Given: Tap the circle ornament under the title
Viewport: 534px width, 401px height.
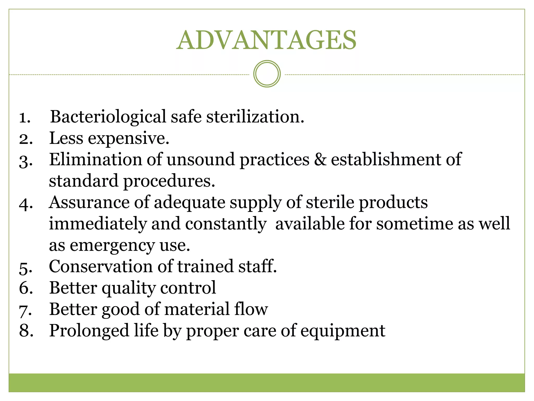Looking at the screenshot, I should point(267,74).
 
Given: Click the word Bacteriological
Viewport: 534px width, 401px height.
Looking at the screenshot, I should point(108,117).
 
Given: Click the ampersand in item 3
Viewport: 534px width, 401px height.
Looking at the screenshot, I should point(320,159).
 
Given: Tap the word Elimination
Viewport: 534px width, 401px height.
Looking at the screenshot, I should point(95,159).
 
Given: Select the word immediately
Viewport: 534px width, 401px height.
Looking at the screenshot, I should point(98,224).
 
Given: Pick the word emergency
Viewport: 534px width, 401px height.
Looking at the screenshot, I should point(112,246).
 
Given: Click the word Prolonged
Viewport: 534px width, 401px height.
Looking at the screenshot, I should point(89,331).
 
